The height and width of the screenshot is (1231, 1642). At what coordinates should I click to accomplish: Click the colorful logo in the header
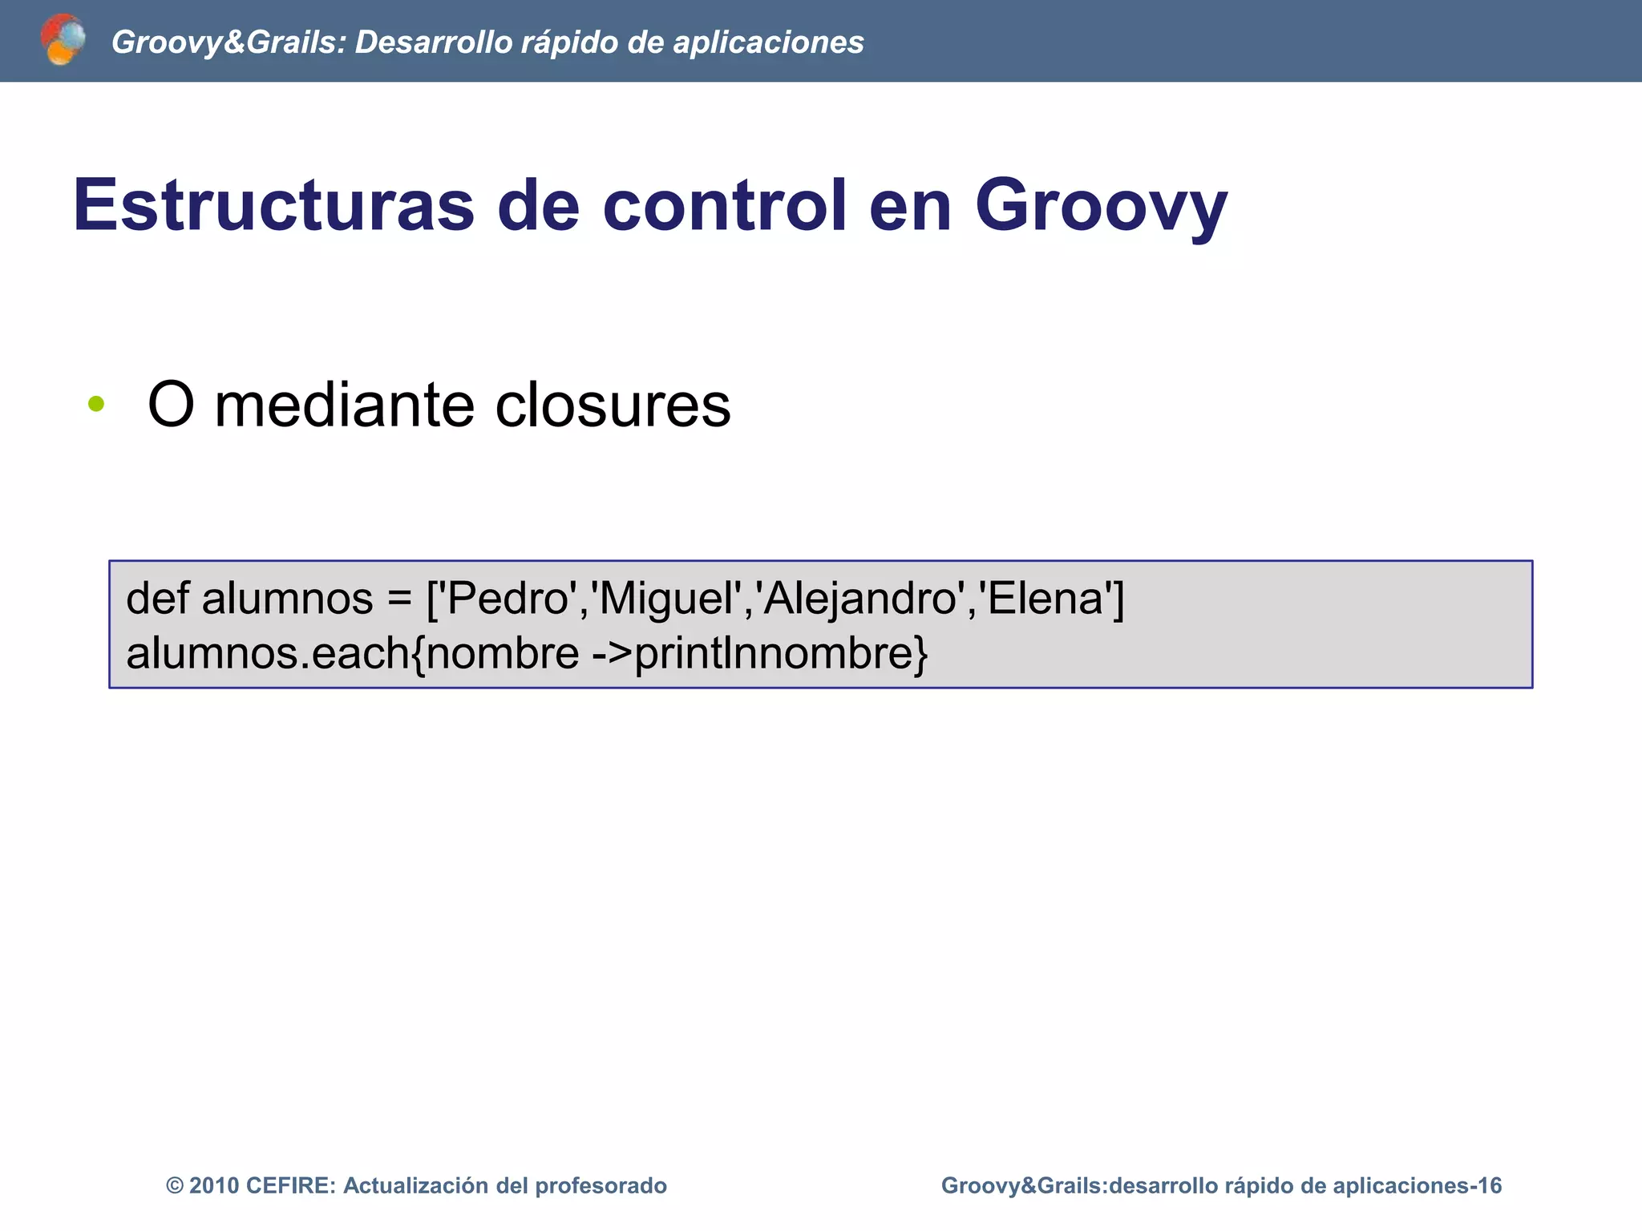tap(63, 39)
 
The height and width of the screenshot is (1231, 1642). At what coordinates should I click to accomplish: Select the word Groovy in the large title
tap(1101, 207)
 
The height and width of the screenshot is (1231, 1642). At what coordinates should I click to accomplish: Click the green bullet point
tap(96, 404)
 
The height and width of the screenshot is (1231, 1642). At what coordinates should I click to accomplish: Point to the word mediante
tap(346, 405)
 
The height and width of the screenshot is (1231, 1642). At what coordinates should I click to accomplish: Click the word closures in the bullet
tap(613, 405)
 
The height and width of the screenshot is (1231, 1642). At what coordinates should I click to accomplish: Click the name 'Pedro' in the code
tap(508, 598)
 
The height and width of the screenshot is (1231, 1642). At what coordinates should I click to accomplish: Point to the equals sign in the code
tap(398, 599)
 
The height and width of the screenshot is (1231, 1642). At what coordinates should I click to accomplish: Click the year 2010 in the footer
tap(214, 1185)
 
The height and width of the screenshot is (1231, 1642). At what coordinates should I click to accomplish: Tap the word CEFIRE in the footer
tap(290, 1185)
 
